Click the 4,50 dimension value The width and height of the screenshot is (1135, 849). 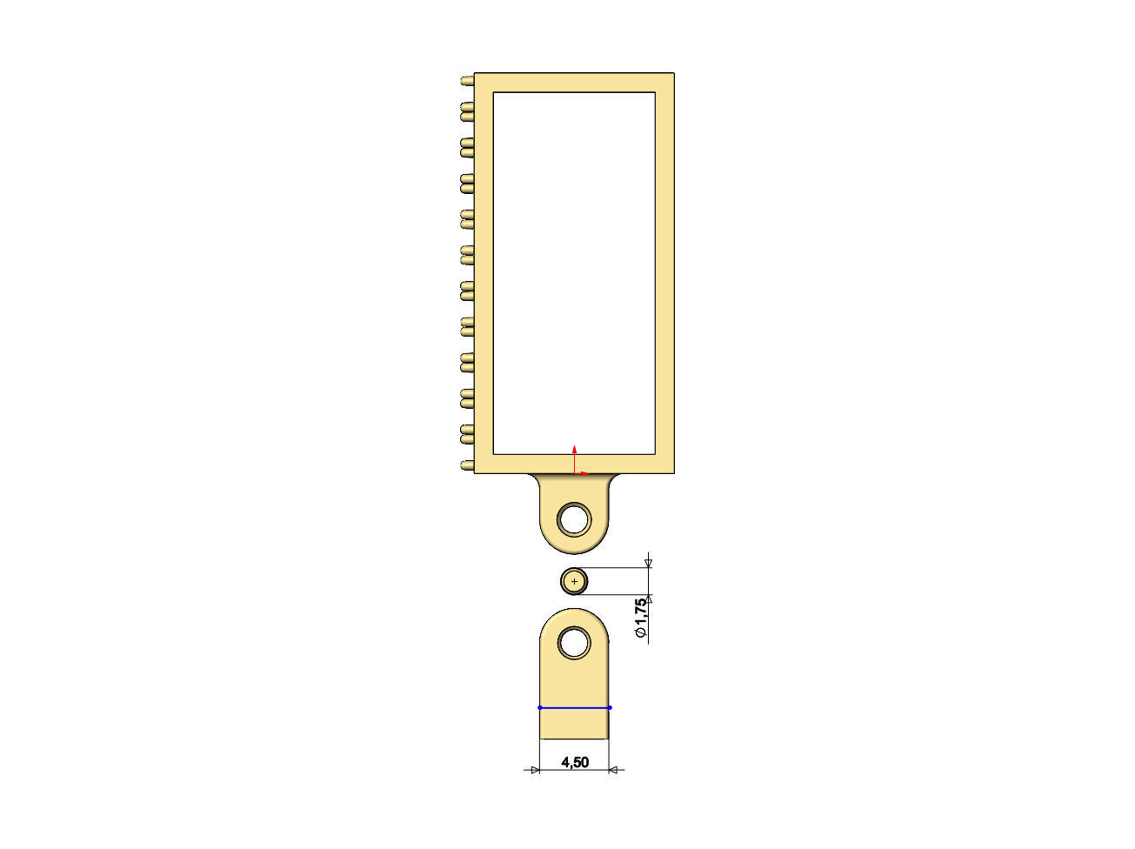coord(575,763)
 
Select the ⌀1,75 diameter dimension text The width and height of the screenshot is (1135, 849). coord(642,619)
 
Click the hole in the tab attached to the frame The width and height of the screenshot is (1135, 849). coord(574,519)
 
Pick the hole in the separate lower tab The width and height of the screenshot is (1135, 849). coord(574,644)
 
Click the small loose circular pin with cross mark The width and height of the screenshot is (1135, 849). coord(574,580)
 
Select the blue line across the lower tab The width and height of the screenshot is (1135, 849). coord(574,707)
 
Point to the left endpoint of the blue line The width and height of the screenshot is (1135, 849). coord(540,707)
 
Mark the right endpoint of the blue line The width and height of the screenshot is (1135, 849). coord(610,707)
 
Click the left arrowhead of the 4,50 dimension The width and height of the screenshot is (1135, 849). coord(534,769)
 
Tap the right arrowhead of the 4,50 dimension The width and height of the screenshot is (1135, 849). coord(614,769)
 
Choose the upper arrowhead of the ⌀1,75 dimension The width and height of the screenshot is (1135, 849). coord(648,564)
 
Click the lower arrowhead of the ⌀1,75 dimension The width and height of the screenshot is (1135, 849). coord(648,598)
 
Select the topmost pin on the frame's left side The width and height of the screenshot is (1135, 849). coord(467,80)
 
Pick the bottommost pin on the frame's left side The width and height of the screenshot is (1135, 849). coord(467,465)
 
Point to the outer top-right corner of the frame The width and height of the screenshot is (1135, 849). coord(674,74)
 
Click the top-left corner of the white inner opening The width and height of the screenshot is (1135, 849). coord(494,93)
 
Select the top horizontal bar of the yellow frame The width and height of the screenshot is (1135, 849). coord(574,83)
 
